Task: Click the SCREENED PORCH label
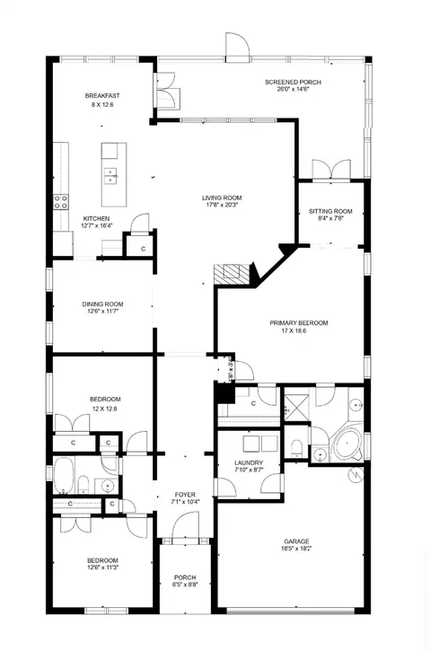(x=293, y=83)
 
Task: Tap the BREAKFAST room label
(x=102, y=96)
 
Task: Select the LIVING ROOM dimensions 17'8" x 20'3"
(x=222, y=205)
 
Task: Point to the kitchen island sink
(x=110, y=175)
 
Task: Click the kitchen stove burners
(x=61, y=202)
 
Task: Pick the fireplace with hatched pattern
(x=232, y=274)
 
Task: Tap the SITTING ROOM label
(x=330, y=211)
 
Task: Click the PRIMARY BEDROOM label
(x=298, y=323)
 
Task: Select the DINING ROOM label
(x=102, y=304)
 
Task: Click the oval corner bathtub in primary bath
(x=348, y=444)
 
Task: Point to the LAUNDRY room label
(x=249, y=463)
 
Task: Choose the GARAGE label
(x=296, y=541)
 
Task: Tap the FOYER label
(x=185, y=495)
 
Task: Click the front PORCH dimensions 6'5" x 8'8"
(x=185, y=585)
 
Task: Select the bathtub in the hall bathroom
(x=64, y=476)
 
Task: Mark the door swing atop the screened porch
(x=238, y=47)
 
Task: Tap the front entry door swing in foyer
(x=186, y=524)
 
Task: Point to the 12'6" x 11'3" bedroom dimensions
(x=102, y=567)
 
